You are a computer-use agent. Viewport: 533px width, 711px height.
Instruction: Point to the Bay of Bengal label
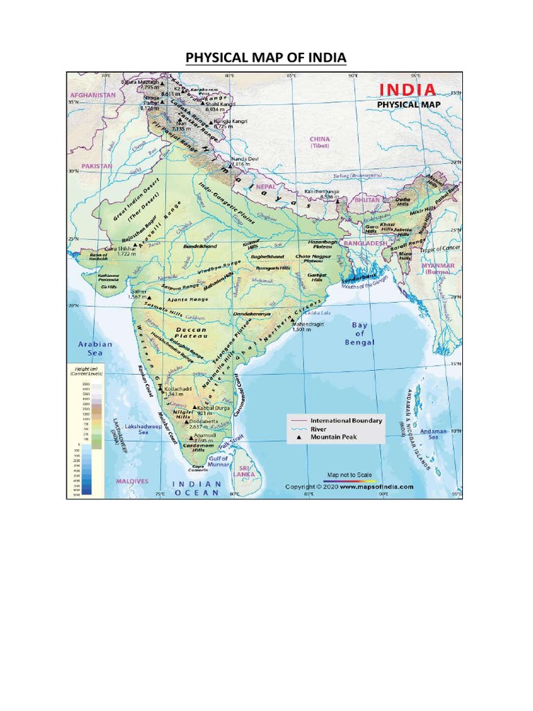tap(359, 333)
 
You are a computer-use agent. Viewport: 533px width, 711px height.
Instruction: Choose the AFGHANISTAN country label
tap(91, 94)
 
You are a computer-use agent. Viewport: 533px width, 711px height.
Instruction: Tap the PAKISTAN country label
tap(96, 167)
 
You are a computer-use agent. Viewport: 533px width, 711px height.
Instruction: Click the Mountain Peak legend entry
tap(333, 437)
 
